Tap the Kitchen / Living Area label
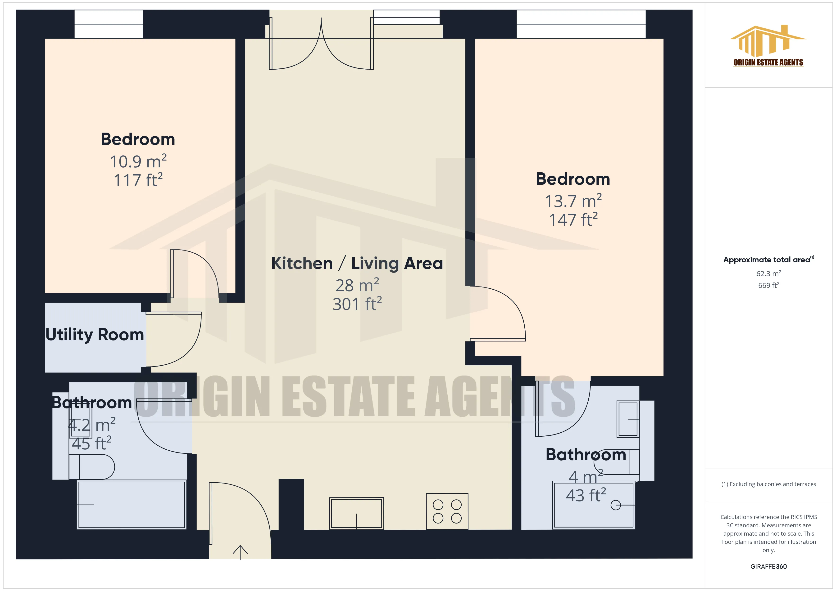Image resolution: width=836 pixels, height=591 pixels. pos(357,263)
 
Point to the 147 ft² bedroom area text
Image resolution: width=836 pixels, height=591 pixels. pos(573,220)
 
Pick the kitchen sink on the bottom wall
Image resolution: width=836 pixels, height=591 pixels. pos(356,513)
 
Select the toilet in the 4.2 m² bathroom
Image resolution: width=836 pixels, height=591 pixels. pos(93,467)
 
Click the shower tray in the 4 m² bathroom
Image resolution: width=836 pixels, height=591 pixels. pos(594,505)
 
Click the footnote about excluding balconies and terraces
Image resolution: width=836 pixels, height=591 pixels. pos(768,484)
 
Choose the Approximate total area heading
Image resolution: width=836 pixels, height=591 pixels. pos(768,260)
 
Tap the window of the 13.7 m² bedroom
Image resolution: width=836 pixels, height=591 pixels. pos(581,24)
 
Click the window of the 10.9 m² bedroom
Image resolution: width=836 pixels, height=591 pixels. pos(109,24)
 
